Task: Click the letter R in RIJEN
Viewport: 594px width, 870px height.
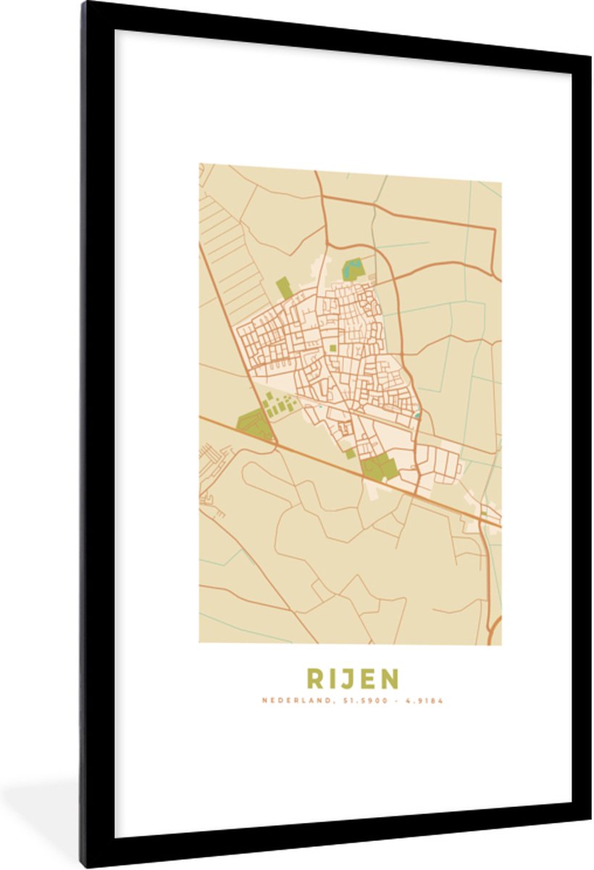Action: [x=315, y=679]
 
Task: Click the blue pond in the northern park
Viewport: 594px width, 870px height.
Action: [x=353, y=268]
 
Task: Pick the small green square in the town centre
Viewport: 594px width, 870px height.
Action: [x=333, y=349]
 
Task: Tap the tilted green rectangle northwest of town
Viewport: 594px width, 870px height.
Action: [x=285, y=288]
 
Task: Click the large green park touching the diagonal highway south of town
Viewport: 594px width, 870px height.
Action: [x=379, y=468]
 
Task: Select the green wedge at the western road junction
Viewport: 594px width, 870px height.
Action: [x=255, y=425]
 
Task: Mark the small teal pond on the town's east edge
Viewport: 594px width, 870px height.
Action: [x=417, y=415]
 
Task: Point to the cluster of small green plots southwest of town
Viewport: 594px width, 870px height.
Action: [x=275, y=405]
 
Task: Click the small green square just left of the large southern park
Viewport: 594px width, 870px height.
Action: [x=351, y=454]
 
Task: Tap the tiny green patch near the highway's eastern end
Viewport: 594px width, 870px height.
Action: [x=483, y=513]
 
